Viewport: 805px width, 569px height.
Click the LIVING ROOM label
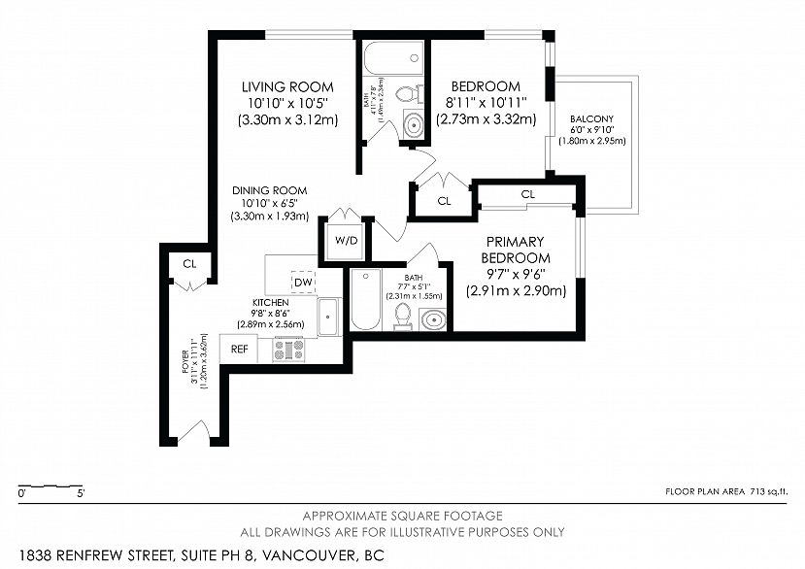287,86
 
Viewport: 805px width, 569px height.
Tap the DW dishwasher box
303,282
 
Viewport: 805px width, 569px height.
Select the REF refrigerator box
239,350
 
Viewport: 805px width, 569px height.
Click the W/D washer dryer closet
347,241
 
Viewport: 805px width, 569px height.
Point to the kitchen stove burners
288,350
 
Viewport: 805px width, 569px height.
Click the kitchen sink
328,317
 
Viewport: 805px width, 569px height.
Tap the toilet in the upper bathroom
410,94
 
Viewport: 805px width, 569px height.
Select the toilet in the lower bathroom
403,316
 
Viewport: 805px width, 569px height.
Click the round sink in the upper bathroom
413,123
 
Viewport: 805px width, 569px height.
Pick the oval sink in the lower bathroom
433,319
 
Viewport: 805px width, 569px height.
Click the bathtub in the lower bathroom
365,299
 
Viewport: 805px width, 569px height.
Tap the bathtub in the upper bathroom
393,58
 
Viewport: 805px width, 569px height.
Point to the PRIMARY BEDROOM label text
516,250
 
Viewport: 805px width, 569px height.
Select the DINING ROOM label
270,190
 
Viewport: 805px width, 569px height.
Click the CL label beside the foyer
189,264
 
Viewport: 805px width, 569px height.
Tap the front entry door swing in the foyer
193,430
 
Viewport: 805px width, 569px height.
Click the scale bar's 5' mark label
81,494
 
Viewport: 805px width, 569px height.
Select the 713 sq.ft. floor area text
768,491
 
